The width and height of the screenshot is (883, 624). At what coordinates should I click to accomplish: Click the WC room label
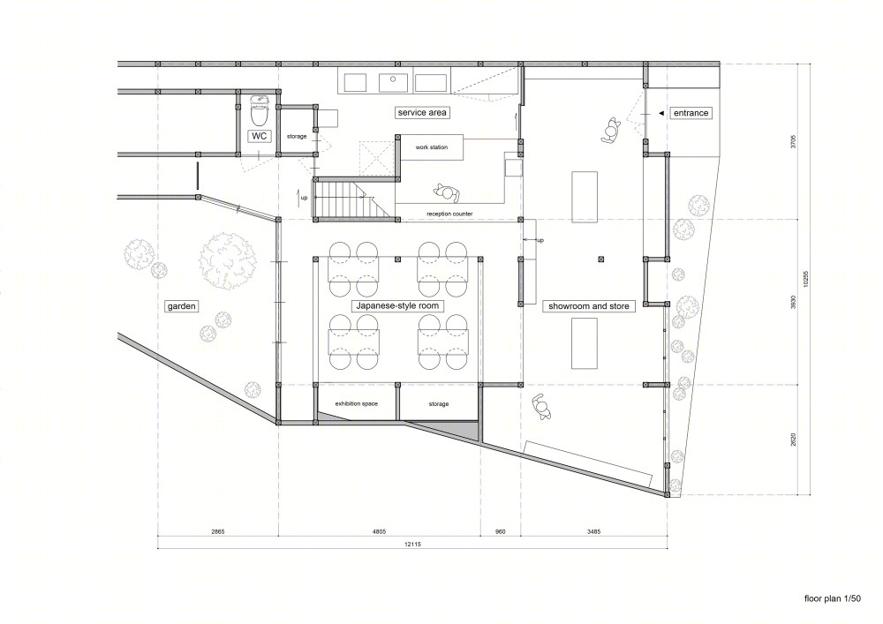pos(259,136)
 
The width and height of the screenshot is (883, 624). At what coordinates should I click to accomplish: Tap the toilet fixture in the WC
pos(259,111)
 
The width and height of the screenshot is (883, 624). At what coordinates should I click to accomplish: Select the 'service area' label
pos(422,113)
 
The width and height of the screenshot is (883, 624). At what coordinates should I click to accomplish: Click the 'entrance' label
pos(691,113)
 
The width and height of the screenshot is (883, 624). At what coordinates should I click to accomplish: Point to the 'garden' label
pos(181,306)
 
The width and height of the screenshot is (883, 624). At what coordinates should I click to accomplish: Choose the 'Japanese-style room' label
pos(397,306)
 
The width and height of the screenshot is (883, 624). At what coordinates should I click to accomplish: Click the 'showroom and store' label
pos(588,306)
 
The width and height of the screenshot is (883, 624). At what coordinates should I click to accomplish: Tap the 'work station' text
pos(432,147)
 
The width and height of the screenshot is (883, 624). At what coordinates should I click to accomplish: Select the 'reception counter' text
pos(449,214)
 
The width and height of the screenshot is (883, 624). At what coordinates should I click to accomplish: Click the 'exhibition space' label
pos(356,404)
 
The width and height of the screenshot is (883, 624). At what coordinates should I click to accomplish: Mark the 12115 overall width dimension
pos(412,544)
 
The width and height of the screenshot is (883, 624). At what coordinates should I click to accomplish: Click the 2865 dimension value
pos(217,531)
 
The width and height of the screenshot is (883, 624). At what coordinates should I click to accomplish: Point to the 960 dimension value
pos(500,531)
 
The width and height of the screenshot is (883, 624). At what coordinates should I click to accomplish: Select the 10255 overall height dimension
pos(806,280)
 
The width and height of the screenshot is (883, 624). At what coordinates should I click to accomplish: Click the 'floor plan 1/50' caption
pos(833,598)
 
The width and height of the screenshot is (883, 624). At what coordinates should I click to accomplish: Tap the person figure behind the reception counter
pos(447,193)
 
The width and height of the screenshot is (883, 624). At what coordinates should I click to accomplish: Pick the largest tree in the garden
pos(229,261)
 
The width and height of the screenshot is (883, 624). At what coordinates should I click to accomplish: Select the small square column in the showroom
pos(601,259)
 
